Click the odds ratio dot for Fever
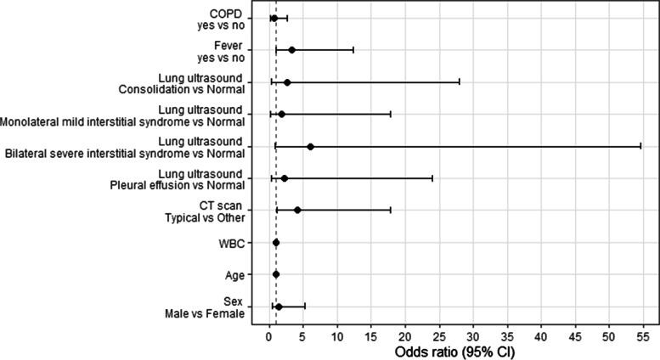(x=292, y=50)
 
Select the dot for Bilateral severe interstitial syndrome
(x=311, y=147)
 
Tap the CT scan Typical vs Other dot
(x=297, y=210)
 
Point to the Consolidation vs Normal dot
(x=287, y=82)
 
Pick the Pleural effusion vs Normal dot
(x=285, y=178)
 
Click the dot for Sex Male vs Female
(x=279, y=307)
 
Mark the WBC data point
(x=276, y=243)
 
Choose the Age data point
(x=276, y=274)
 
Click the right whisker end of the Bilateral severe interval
(x=640, y=147)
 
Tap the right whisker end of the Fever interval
(x=353, y=50)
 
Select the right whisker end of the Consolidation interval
(x=460, y=82)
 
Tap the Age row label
(x=234, y=275)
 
